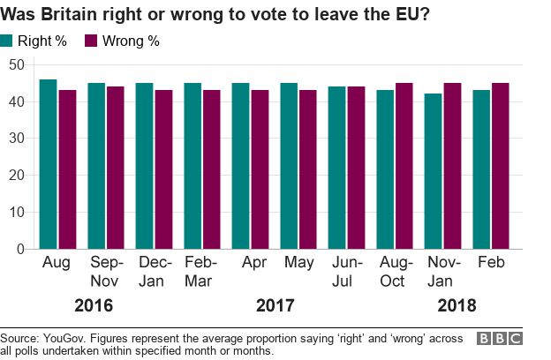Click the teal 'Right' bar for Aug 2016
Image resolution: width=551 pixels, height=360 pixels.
pos(49,164)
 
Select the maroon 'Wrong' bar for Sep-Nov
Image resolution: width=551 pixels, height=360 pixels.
pos(116,168)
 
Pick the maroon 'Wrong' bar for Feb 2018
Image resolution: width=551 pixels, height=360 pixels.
pos(501,166)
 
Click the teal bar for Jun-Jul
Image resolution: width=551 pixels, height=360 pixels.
pos(337,168)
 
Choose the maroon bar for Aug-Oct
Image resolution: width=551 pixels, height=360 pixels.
pos(404,166)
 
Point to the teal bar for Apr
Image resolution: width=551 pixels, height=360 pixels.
pos(241,166)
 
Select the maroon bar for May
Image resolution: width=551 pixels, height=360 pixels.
pos(308,169)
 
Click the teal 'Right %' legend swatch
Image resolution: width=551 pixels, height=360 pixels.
pos(8,41)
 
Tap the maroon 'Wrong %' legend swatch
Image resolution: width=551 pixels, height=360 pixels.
pos(91,41)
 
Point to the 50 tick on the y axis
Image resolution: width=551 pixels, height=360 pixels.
pos(17,64)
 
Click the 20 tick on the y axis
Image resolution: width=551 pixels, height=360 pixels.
pos(17,175)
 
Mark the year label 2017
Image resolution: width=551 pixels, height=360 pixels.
pos(275,306)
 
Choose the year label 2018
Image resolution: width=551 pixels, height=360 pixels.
pos(457,306)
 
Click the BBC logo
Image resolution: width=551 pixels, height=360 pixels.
pos(500,339)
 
